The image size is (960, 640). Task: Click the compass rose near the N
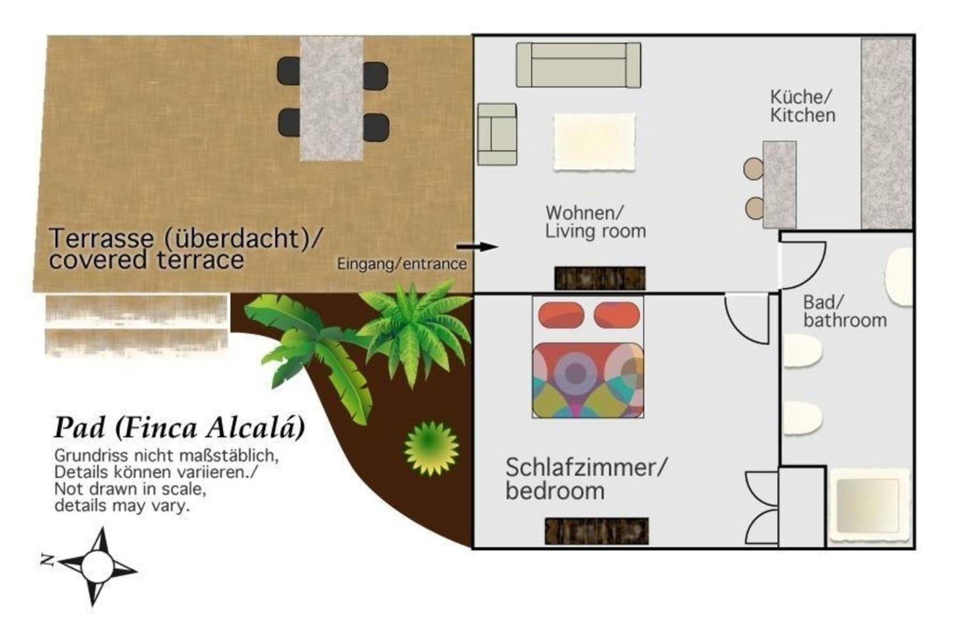(97, 566)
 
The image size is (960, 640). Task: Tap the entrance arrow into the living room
(477, 247)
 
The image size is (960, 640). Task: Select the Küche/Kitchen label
(802, 106)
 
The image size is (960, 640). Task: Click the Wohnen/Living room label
(595, 222)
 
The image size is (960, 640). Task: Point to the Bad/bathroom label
(845, 311)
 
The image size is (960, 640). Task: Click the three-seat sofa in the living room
(578, 65)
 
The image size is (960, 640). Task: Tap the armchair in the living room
(497, 135)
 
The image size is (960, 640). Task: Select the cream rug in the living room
(594, 142)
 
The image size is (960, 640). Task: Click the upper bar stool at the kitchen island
(753, 168)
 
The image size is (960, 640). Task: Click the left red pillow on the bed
(561, 315)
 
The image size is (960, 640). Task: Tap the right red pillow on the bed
(617, 315)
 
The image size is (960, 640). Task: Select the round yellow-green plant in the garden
(431, 448)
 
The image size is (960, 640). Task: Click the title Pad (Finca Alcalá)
(180, 428)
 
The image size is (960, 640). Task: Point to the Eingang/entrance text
(402, 264)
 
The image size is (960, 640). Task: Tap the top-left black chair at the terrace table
(289, 71)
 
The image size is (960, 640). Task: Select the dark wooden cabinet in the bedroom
(596, 531)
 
